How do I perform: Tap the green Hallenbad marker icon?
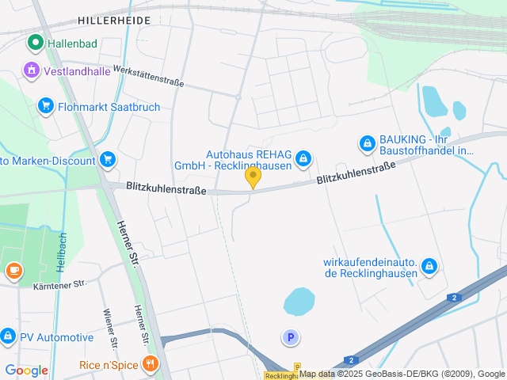35,43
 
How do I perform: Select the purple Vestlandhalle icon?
32,70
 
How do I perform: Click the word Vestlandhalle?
79,70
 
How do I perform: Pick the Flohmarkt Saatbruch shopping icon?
45,106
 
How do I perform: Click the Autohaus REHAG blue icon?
303,160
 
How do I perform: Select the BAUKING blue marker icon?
367,143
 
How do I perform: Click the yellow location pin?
253,177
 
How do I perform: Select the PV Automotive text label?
56,337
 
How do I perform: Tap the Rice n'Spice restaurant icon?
151,364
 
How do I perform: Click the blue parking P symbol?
291,338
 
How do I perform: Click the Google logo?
26,370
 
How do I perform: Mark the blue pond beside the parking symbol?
299,301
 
